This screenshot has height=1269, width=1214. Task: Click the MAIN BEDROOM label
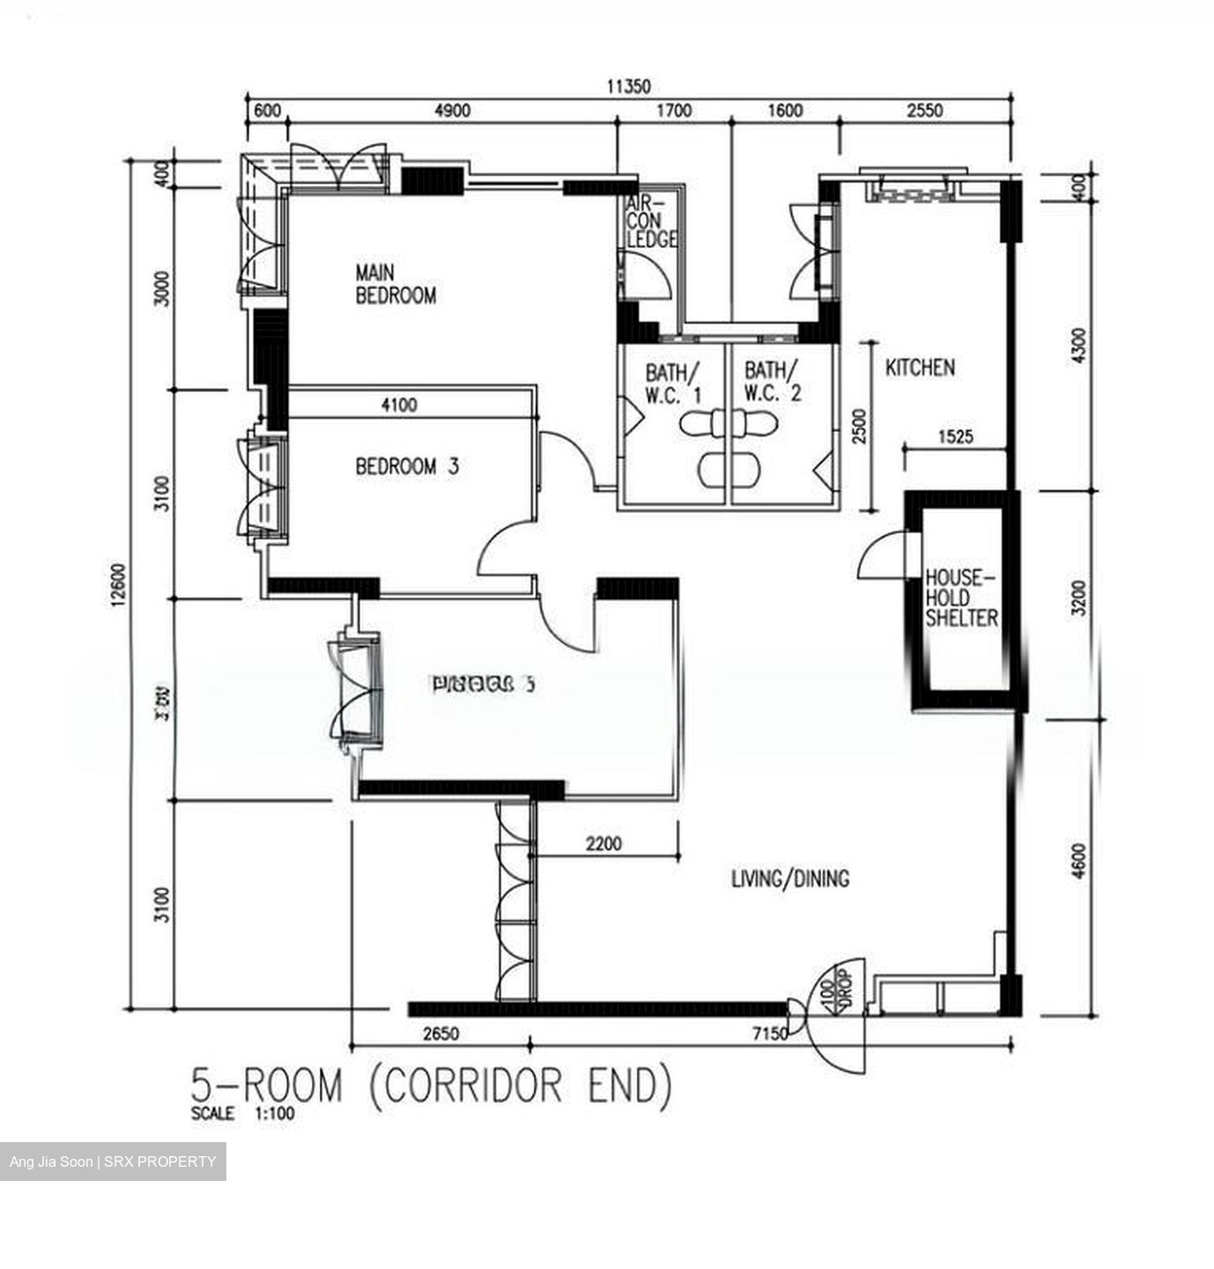[x=395, y=284]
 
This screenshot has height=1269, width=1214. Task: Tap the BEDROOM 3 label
[x=407, y=466]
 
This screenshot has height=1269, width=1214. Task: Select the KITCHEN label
[x=920, y=367]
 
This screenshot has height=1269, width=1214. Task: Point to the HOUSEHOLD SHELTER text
[x=961, y=598]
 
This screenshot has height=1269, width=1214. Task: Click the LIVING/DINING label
[x=790, y=879]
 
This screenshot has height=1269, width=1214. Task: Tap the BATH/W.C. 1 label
[x=673, y=382]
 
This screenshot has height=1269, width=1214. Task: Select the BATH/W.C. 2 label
[x=773, y=382]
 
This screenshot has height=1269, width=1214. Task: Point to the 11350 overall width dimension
[x=628, y=86]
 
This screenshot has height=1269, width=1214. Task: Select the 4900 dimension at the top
[x=453, y=111]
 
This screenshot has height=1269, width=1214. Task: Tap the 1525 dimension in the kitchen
[x=956, y=436]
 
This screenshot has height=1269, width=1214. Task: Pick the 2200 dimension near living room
[x=603, y=843]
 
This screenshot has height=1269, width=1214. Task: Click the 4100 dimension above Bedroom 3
[x=399, y=405]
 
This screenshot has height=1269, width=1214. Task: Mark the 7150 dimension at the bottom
[x=769, y=1034]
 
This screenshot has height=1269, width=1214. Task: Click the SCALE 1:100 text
[x=243, y=1114]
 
